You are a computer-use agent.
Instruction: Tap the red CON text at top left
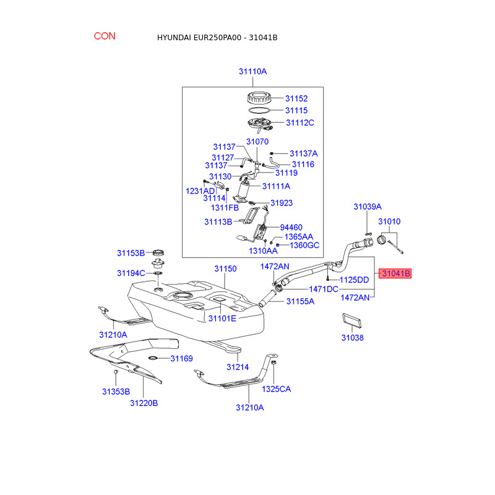click(x=105, y=36)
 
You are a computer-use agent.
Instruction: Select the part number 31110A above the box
click(x=252, y=72)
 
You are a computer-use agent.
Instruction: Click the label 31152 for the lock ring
click(x=296, y=98)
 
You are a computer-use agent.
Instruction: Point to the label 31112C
click(x=300, y=123)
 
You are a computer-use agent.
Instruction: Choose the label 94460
click(x=292, y=227)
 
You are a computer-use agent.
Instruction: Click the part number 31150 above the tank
click(x=226, y=269)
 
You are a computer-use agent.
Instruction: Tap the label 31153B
click(x=131, y=253)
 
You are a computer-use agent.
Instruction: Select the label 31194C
click(x=131, y=273)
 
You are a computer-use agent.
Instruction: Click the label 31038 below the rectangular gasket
click(x=352, y=338)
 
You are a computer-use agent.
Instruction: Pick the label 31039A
click(x=368, y=206)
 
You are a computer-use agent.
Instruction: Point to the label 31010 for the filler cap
click(x=389, y=221)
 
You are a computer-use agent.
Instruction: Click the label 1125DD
click(x=354, y=280)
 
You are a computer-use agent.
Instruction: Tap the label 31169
click(x=182, y=358)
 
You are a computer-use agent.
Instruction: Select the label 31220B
click(x=144, y=403)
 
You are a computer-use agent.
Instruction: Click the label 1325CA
click(x=276, y=389)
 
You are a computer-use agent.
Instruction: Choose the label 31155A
click(x=300, y=301)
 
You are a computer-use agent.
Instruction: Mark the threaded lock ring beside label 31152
click(x=259, y=98)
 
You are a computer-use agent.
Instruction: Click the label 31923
click(x=282, y=203)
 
